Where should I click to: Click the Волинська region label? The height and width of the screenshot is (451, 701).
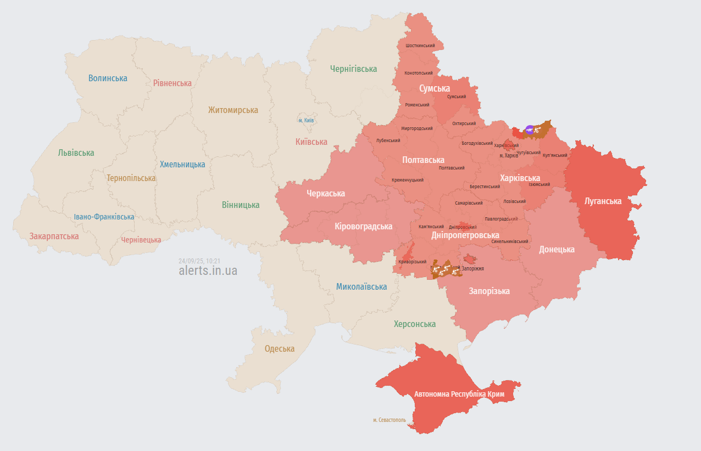(x=108, y=78)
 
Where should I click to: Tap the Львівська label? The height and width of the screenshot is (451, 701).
(x=76, y=153)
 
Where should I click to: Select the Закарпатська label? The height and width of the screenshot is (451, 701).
(x=54, y=236)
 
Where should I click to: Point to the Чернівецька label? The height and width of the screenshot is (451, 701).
(x=141, y=240)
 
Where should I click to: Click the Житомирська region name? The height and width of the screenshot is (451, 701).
(x=233, y=110)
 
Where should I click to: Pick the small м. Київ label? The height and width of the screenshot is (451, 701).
(x=306, y=120)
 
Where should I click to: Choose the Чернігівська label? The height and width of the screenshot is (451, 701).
(x=353, y=69)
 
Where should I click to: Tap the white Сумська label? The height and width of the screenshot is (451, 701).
(x=434, y=88)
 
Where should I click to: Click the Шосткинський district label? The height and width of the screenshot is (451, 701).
(x=420, y=46)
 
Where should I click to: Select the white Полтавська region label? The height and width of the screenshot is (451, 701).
(x=423, y=160)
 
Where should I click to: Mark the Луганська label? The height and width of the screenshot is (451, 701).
(x=603, y=201)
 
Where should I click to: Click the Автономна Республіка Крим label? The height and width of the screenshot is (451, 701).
(x=459, y=394)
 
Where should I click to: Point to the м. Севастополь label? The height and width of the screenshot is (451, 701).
(x=389, y=420)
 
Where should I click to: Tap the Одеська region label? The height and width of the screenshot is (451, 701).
(x=279, y=348)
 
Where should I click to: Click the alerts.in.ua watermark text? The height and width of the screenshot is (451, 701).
(x=208, y=270)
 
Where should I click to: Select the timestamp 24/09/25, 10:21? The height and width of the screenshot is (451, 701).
(x=199, y=261)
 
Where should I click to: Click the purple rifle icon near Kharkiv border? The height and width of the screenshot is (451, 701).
(x=528, y=129)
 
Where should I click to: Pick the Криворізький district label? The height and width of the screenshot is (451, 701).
(x=412, y=262)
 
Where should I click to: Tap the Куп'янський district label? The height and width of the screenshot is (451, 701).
(x=554, y=155)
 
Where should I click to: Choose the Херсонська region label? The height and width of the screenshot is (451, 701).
(x=414, y=324)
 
